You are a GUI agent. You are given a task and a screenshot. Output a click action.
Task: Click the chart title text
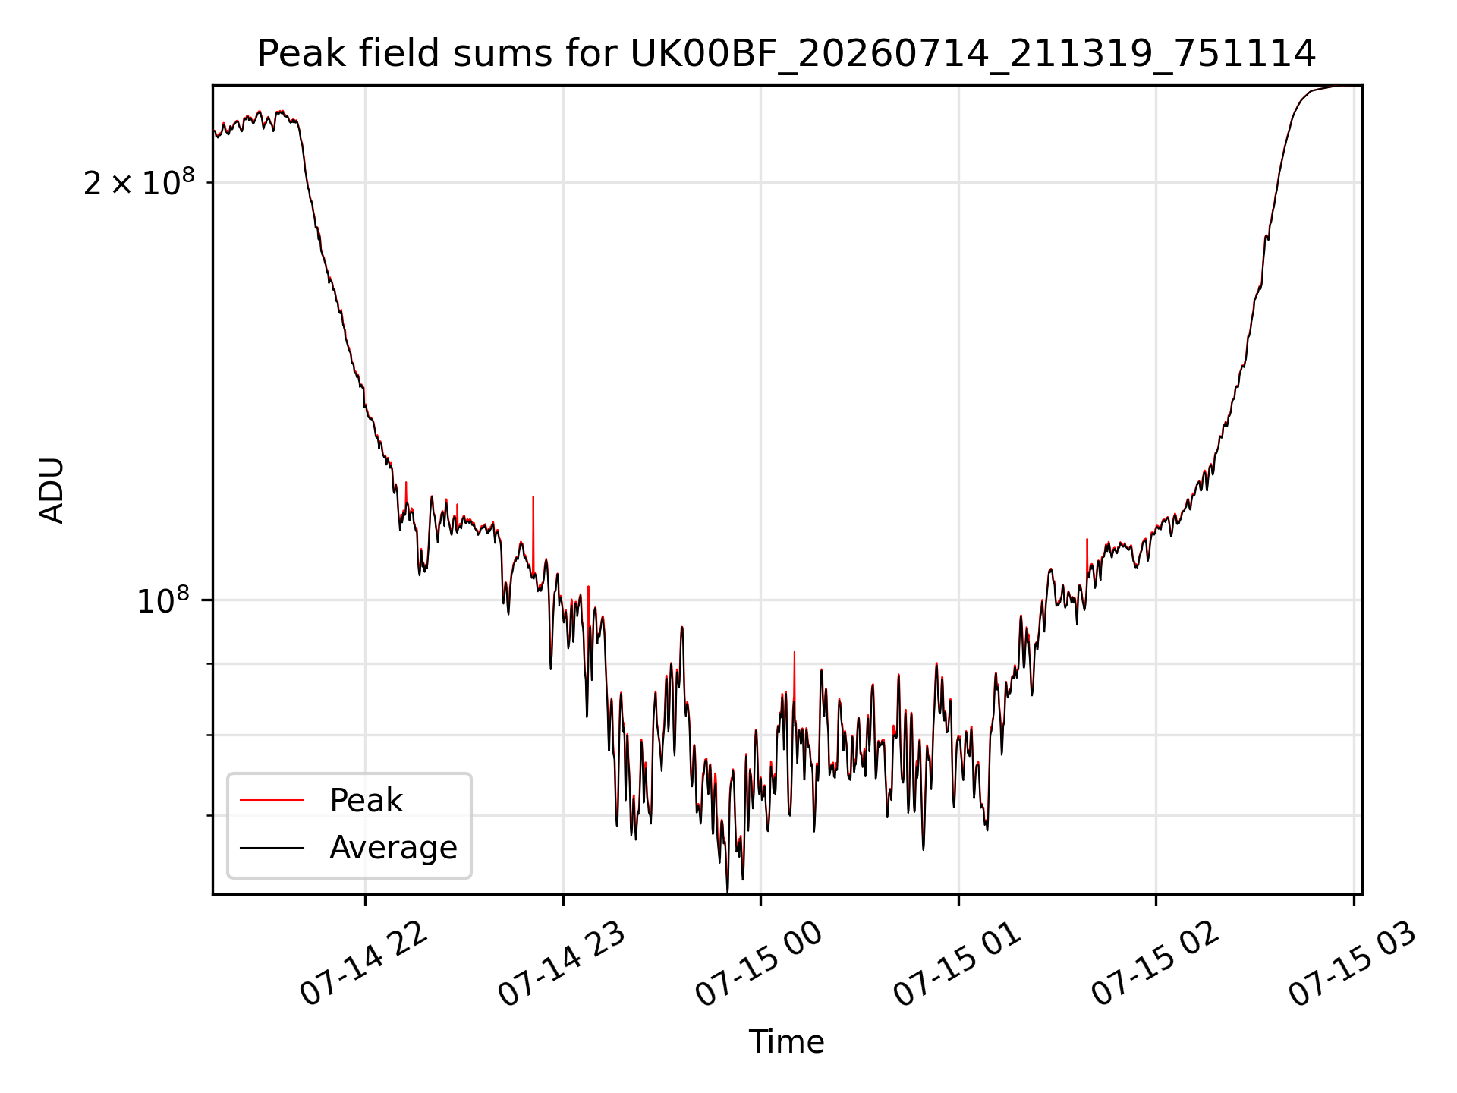pos(786,54)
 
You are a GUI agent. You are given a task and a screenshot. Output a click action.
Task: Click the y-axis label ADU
pos(52,490)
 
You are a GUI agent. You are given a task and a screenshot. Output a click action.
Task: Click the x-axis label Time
pos(786,1042)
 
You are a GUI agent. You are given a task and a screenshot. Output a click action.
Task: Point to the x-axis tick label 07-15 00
pos(760,965)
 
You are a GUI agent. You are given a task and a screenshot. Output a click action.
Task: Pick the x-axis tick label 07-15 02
pos(1156,965)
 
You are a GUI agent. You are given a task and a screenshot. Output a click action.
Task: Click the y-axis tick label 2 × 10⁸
pos(139,182)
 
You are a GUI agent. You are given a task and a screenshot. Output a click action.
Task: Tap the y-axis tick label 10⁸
pos(163,600)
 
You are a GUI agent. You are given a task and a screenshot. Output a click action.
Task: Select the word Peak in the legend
pos(366,801)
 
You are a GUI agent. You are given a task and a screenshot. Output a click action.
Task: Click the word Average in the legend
pos(393,848)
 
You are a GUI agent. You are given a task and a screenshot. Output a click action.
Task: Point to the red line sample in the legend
pos(272,800)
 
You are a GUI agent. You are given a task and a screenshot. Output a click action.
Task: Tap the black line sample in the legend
pos(272,847)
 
